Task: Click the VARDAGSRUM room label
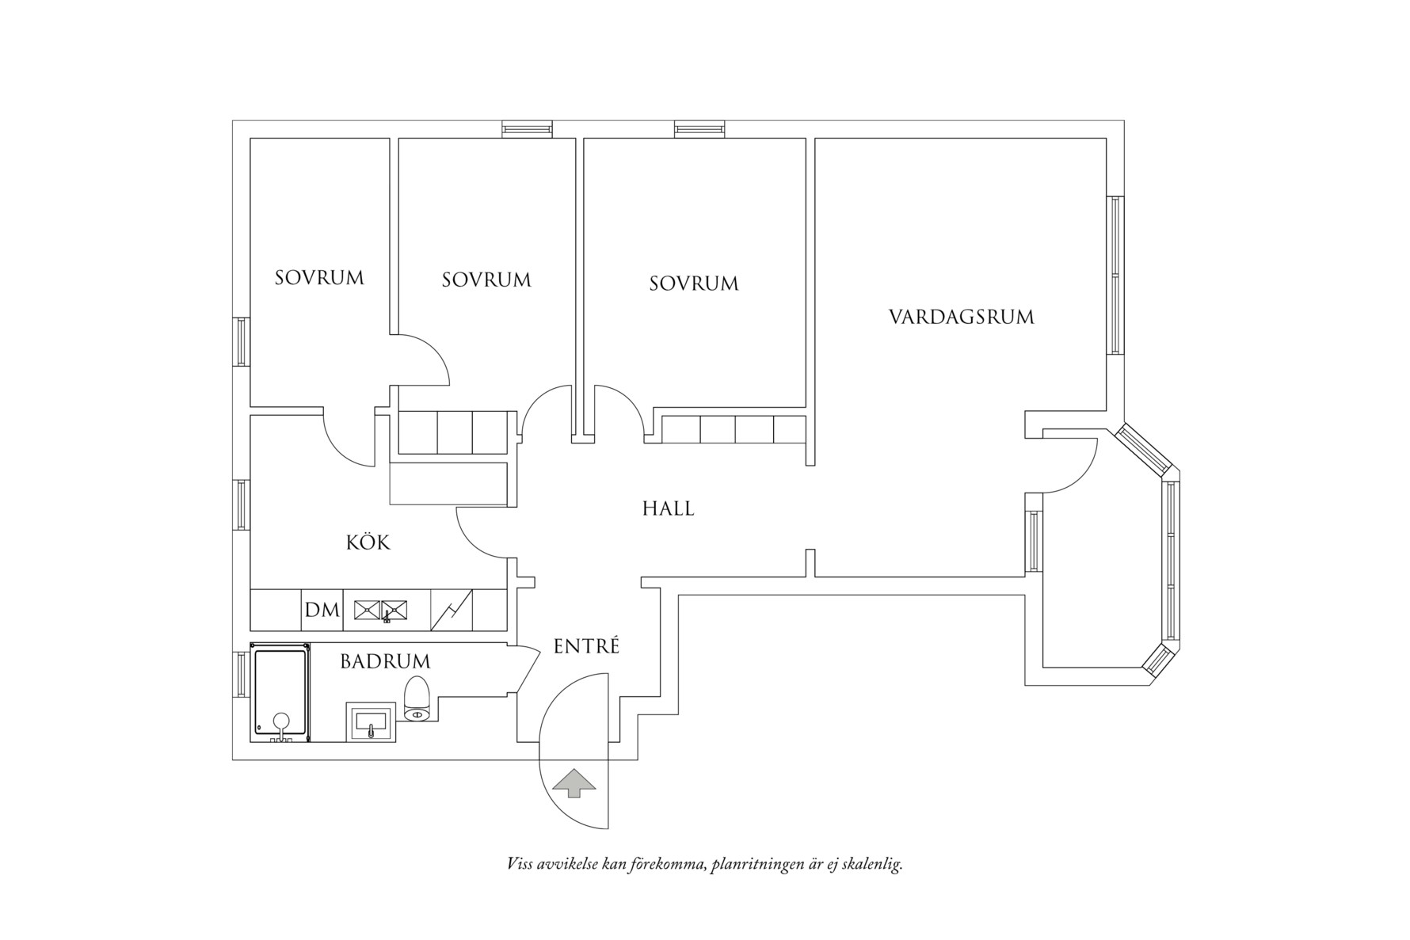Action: (x=961, y=318)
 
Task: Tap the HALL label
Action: (x=668, y=508)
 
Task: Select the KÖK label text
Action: (x=368, y=542)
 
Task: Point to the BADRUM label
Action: (x=385, y=661)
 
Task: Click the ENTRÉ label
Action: (x=585, y=646)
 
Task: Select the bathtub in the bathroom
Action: (x=280, y=693)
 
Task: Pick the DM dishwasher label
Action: (x=322, y=611)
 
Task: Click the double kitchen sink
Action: (x=381, y=610)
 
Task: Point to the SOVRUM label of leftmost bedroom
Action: (x=319, y=278)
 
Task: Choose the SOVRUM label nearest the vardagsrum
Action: (x=693, y=284)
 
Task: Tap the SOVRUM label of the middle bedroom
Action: (x=486, y=280)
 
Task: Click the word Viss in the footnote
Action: (x=520, y=864)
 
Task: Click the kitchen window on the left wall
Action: (x=241, y=504)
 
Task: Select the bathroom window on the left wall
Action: (x=241, y=675)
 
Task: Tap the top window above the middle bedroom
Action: (x=527, y=129)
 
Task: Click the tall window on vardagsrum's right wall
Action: (x=1115, y=275)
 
